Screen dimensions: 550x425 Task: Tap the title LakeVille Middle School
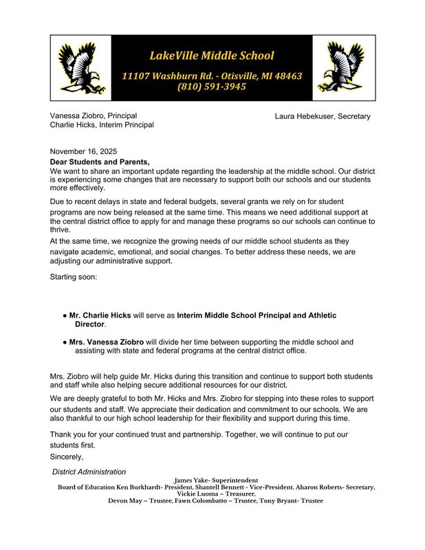click(212, 55)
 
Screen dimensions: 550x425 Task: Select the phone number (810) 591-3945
click(212, 87)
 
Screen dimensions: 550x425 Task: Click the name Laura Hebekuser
click(305, 116)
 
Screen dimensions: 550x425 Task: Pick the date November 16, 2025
click(84, 151)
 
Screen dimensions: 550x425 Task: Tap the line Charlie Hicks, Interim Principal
click(102, 125)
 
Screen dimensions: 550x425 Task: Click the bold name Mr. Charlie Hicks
click(101, 316)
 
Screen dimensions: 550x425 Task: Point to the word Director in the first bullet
click(89, 324)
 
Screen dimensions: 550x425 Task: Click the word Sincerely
click(67, 456)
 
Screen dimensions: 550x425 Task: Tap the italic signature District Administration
click(89, 472)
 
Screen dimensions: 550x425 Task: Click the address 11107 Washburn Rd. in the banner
click(164, 75)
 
